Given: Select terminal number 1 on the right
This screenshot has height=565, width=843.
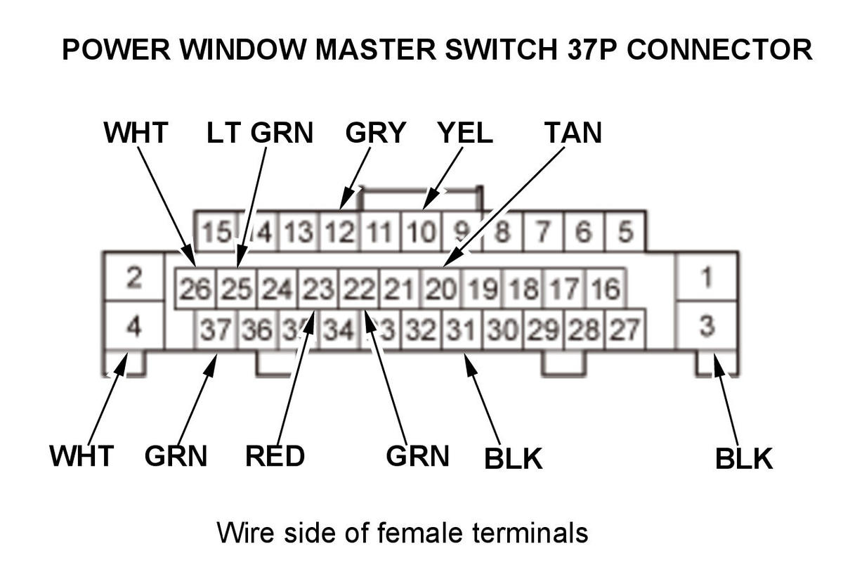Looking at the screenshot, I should (706, 278).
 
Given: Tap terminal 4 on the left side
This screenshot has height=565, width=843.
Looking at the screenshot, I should (133, 326).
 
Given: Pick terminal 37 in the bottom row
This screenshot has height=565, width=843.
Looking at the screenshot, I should (215, 329).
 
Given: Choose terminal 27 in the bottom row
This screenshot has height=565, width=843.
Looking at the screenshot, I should (625, 329).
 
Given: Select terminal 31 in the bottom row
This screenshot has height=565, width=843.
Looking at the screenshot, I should (460, 329).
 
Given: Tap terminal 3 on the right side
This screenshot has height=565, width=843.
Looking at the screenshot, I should (707, 326).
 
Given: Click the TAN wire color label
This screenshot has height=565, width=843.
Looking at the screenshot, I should (573, 132).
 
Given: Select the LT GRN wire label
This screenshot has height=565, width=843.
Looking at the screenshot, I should (260, 132).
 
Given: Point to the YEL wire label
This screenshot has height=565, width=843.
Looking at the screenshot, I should (464, 132).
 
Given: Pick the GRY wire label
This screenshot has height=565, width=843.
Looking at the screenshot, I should (376, 132).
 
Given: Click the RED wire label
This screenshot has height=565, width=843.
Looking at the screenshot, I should (275, 456).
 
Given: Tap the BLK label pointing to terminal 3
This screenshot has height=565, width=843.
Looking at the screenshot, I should (743, 459).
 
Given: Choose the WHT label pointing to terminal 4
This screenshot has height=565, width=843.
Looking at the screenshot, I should (81, 456).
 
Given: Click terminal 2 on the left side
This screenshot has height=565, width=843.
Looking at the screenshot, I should (133, 278).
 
